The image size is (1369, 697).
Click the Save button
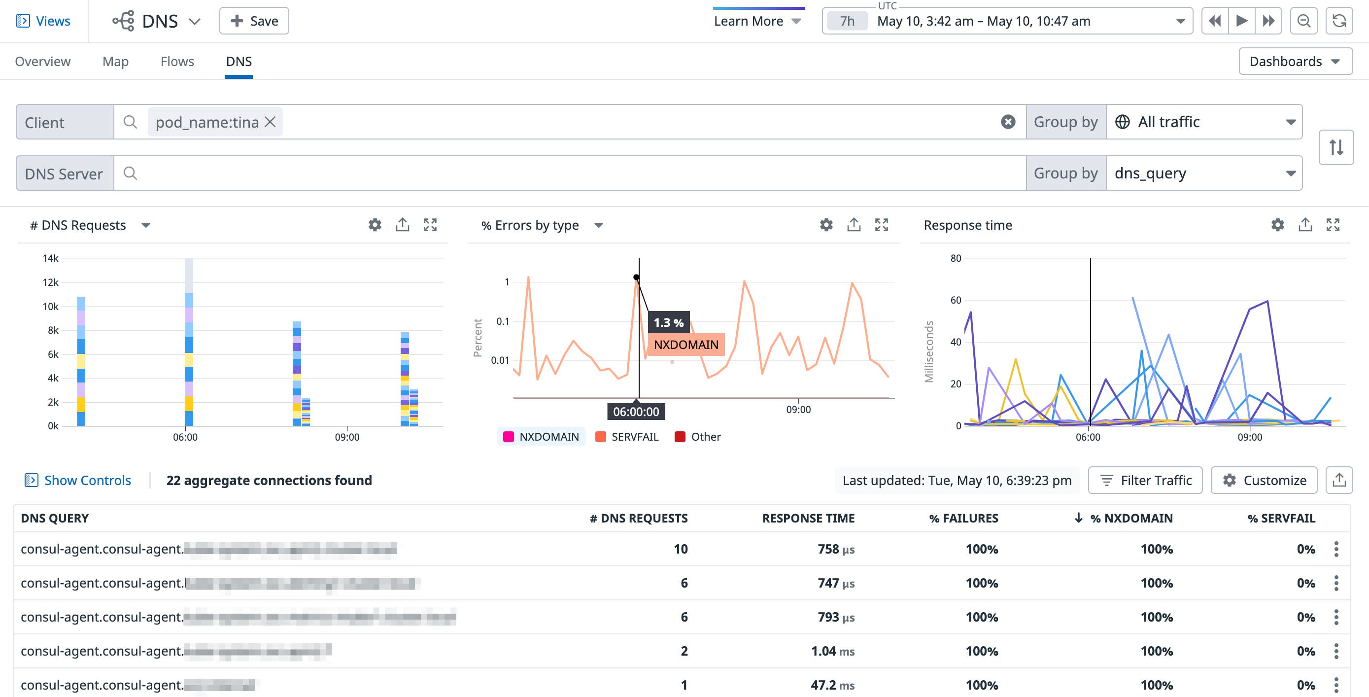coord(254,21)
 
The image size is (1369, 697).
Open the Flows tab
coord(177,62)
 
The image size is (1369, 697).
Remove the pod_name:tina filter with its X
coord(270,122)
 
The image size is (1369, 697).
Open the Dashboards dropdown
coord(1295,62)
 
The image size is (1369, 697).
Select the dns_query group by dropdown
coord(1204,174)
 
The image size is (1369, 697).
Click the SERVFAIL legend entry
coord(627,437)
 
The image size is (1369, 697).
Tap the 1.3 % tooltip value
coord(668,323)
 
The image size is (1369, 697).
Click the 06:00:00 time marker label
coord(636,412)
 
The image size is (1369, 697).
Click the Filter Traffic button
coord(1145,481)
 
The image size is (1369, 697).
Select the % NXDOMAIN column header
coord(1131,519)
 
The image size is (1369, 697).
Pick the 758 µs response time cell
coord(835,549)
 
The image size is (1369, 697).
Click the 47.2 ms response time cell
coord(832,685)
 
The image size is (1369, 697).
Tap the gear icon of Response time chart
coord(1278,225)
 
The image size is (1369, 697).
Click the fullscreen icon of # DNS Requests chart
coord(430,225)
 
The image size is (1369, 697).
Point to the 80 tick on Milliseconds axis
coord(956,258)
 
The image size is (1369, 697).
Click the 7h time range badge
coord(847,21)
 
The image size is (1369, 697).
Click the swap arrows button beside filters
coord(1336,147)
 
